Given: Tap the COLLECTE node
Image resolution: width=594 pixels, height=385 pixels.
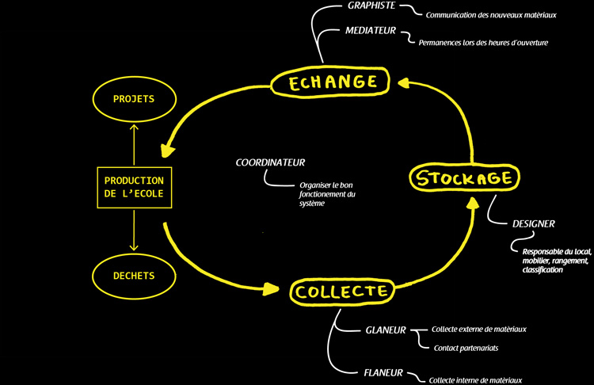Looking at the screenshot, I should point(341,291).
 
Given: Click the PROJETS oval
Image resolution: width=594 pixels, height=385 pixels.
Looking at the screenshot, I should point(133,99).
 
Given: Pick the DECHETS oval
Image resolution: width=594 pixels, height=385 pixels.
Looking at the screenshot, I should point(133,276).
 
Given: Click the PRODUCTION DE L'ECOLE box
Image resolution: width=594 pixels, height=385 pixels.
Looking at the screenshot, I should point(133,188).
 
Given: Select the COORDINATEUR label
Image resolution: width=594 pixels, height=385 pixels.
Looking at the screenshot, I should point(270,162).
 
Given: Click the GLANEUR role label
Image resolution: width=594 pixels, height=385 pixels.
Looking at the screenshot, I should point(386,330).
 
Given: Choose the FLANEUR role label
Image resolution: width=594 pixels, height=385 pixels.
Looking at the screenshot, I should point(384,372).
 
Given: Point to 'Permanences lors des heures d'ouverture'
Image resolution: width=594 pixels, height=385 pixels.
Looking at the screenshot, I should point(483,42).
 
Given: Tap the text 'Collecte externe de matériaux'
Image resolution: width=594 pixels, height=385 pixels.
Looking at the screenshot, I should point(479,329).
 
